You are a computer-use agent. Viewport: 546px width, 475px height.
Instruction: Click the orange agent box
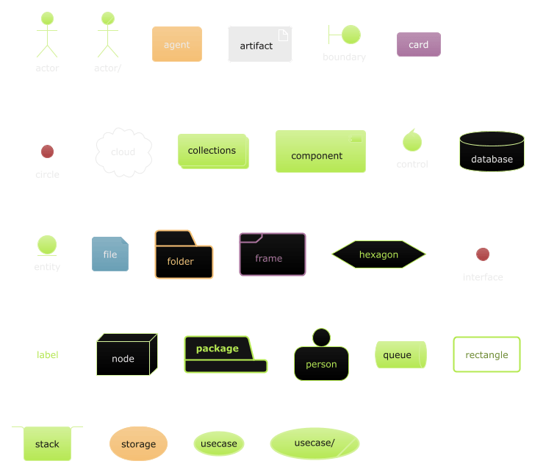click(x=176, y=44)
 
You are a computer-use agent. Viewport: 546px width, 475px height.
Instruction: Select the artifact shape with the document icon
click(x=259, y=45)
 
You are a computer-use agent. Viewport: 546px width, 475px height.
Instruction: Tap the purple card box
click(x=418, y=44)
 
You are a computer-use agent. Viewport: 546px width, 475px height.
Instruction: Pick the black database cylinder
click(x=492, y=152)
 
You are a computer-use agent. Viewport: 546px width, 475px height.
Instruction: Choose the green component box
click(x=320, y=151)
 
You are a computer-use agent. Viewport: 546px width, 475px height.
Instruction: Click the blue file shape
click(x=110, y=254)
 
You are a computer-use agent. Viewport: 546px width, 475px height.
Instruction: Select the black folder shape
click(x=184, y=257)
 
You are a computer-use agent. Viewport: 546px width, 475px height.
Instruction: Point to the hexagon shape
click(x=378, y=254)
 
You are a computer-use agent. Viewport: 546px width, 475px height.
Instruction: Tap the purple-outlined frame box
click(x=272, y=254)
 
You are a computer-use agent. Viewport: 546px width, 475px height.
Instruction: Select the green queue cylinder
click(x=400, y=355)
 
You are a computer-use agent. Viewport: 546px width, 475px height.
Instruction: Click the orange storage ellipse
click(x=138, y=443)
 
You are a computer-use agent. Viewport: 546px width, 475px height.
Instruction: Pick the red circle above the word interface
click(x=483, y=254)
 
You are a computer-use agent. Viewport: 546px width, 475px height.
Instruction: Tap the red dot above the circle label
click(x=47, y=151)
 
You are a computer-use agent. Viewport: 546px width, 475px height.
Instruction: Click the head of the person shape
click(x=321, y=337)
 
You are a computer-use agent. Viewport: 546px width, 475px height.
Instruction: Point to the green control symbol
click(x=412, y=140)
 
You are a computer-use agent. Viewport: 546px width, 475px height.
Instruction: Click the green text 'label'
click(x=48, y=355)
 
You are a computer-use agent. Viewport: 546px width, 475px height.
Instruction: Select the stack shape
click(x=47, y=443)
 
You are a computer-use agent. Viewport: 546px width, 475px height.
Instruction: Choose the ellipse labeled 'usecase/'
click(x=315, y=443)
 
